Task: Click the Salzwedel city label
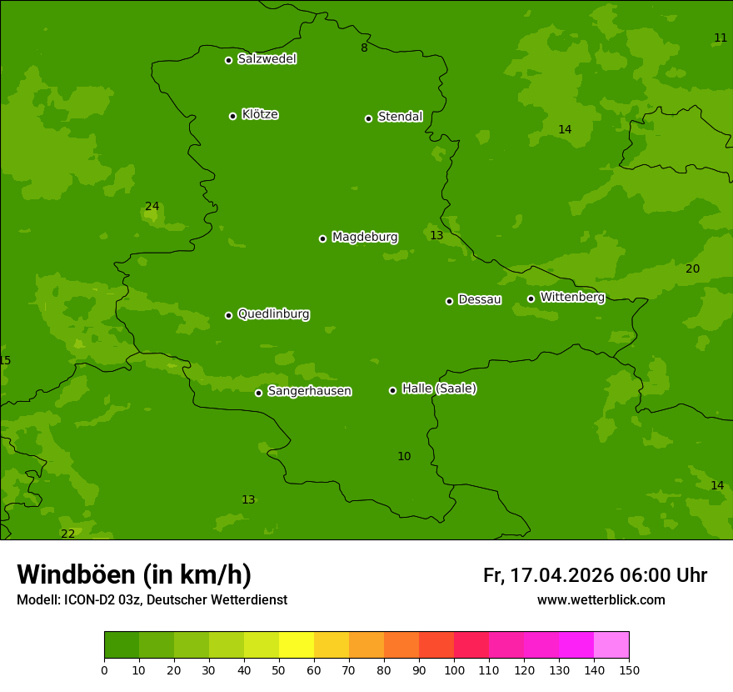(x=267, y=59)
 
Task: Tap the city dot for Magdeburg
(x=322, y=238)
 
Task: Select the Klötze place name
(x=260, y=115)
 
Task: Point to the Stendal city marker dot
(x=368, y=118)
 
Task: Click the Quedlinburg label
(x=273, y=314)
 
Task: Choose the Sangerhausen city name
(x=309, y=391)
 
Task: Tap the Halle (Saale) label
(x=439, y=389)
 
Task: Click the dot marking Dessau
(x=449, y=301)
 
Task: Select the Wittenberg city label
(x=572, y=297)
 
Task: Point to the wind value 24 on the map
(x=152, y=207)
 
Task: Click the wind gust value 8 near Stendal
(x=364, y=48)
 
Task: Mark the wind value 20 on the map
(x=692, y=268)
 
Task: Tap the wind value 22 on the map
(x=67, y=534)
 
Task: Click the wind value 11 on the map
(x=721, y=38)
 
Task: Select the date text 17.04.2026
(x=561, y=575)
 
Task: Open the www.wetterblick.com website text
(x=601, y=599)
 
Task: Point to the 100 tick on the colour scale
(x=454, y=669)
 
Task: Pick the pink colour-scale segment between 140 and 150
(x=611, y=645)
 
